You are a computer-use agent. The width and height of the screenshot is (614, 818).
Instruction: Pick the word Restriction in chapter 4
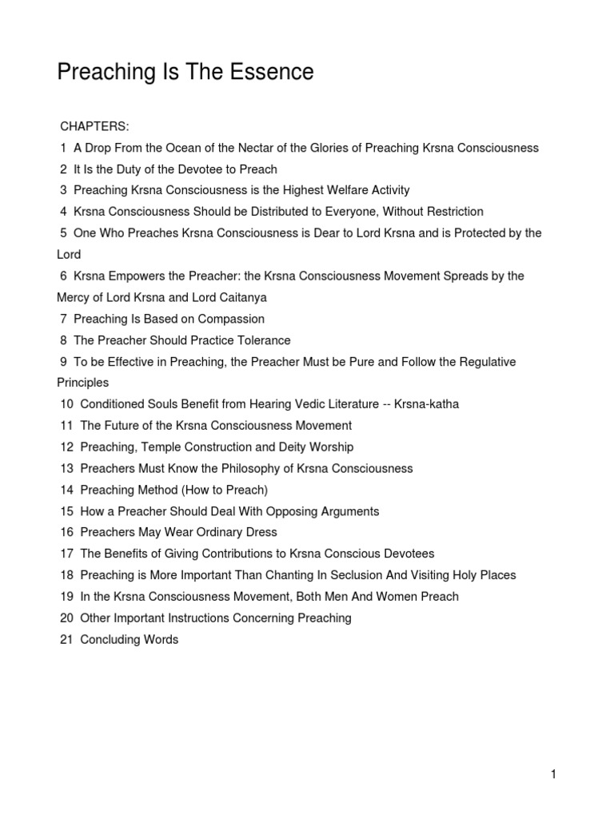point(450,212)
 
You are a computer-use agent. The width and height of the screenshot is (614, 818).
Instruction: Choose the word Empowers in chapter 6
point(143,276)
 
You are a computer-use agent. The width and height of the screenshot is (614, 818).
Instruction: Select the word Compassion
point(229,319)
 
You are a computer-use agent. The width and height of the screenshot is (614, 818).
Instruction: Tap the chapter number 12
point(66,447)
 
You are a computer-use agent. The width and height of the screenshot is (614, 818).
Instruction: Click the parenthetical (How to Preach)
point(219,490)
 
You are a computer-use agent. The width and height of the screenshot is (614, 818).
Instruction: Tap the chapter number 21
point(66,639)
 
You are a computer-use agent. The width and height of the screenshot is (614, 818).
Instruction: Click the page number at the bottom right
point(552,774)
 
